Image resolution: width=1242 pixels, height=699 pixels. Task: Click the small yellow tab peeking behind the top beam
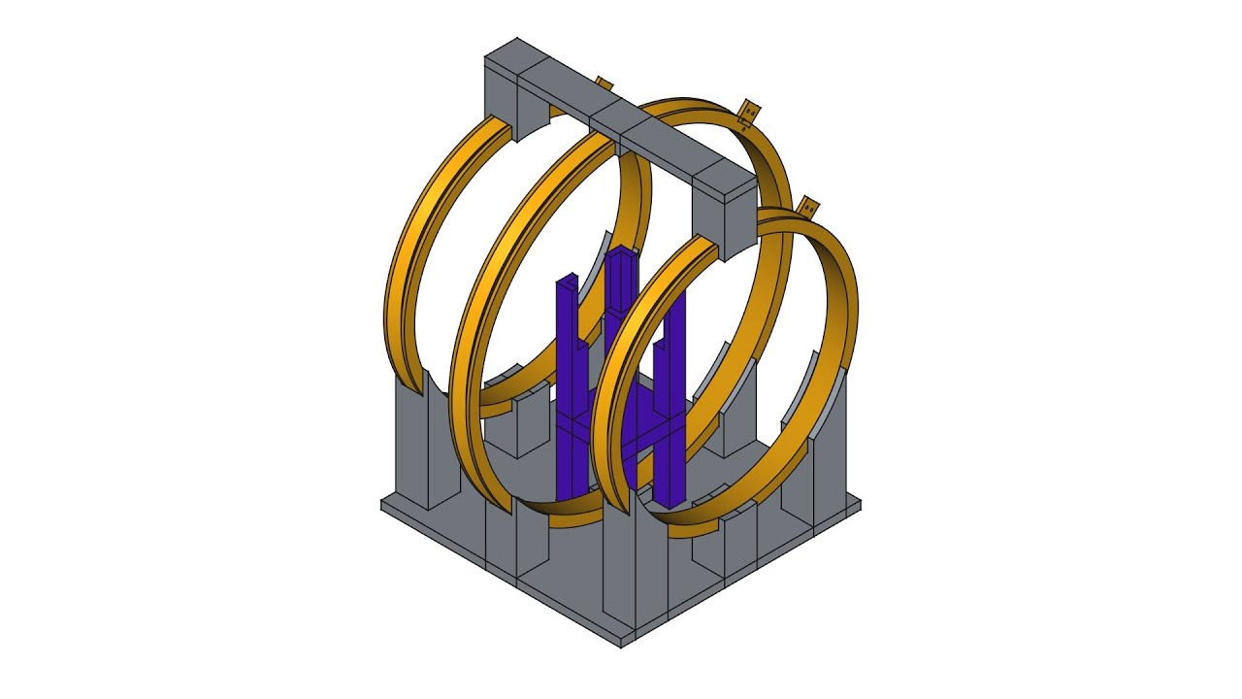(x=604, y=84)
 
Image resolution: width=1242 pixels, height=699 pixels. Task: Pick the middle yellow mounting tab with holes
(x=749, y=114)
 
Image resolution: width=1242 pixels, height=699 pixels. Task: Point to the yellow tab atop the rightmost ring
(x=807, y=208)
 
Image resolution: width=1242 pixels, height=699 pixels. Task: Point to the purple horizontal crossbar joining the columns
(x=621, y=427)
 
